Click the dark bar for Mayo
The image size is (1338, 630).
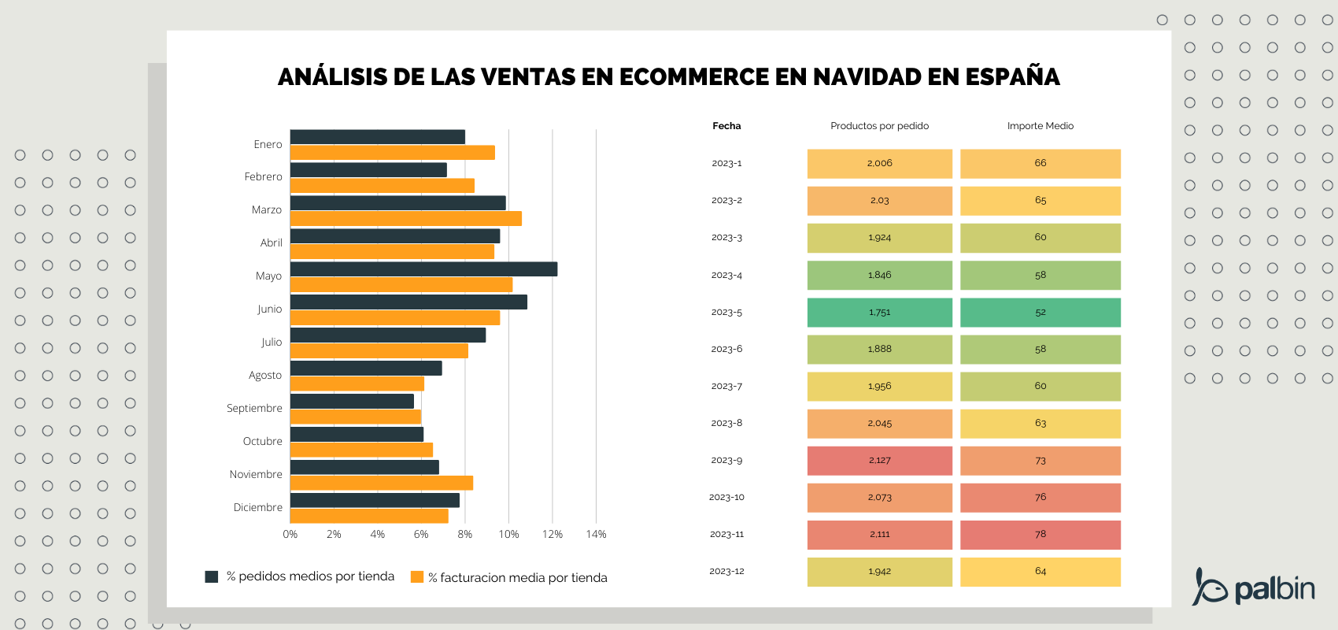pos(423,269)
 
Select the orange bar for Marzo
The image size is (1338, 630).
pos(405,219)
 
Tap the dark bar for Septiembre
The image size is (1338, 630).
pos(352,402)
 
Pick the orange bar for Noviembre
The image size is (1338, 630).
pos(381,483)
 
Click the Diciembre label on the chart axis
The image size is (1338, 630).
pos(257,507)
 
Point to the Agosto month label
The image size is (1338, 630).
pos(264,375)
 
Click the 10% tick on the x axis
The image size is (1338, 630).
pos(508,534)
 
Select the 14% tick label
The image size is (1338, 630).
pos(596,534)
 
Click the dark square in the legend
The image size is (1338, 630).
pos(211,576)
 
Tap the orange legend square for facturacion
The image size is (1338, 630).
pos(417,577)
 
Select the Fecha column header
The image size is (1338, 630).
pos(726,126)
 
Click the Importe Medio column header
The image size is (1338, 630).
pos(1040,126)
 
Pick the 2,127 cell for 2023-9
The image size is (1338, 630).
pos(879,461)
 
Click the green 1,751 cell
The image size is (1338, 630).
pos(879,313)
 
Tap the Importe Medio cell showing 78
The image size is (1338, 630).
pos(1040,535)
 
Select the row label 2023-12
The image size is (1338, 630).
pos(726,571)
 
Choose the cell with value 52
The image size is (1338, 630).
pos(1040,313)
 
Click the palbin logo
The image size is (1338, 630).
pos(1253,587)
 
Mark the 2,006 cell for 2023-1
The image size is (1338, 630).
pos(879,164)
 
